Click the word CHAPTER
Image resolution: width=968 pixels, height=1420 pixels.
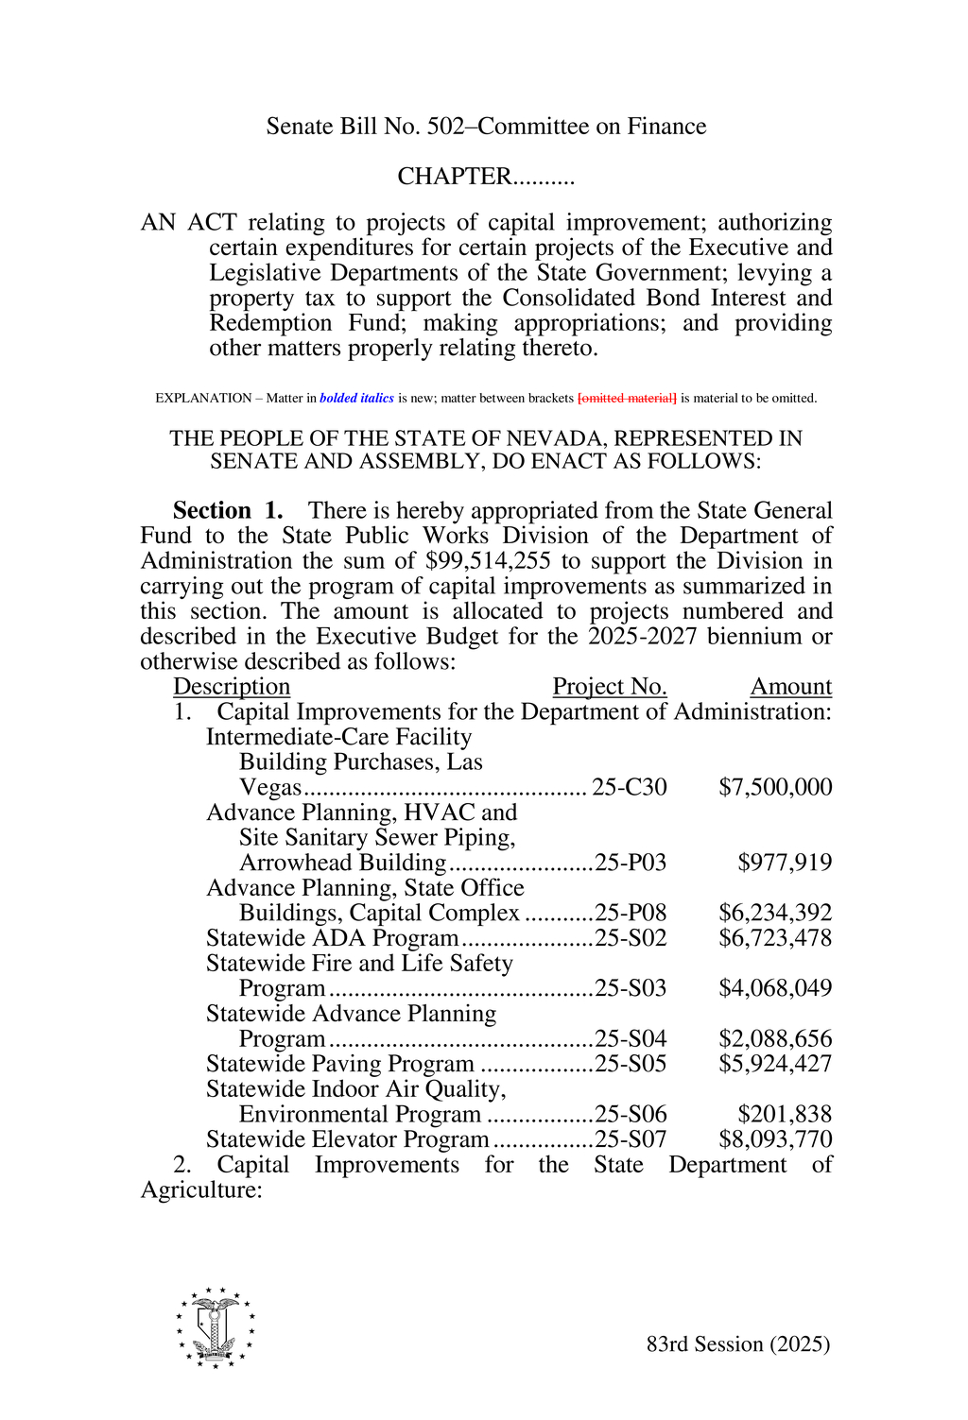[x=454, y=177]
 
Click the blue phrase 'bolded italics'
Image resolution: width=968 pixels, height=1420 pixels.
[x=356, y=399]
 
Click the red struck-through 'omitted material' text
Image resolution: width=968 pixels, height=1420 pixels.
[x=627, y=399]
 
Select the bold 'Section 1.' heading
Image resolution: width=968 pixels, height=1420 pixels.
[x=228, y=511]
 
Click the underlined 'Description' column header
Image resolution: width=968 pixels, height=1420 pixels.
[x=232, y=687]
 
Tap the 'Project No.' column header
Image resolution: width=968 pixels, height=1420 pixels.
[x=610, y=687]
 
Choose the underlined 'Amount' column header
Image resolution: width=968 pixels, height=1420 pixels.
[x=791, y=687]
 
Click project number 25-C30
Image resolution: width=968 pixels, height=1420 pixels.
[x=630, y=787]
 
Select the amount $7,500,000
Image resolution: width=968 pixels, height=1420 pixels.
[x=775, y=787]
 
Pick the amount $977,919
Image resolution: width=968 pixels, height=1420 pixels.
[x=785, y=863]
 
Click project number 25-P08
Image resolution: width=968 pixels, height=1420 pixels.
[x=631, y=913]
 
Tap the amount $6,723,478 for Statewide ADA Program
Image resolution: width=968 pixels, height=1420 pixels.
[x=775, y=938]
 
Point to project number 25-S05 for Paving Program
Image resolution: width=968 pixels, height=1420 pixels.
[x=631, y=1064]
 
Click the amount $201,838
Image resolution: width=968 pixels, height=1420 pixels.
[x=785, y=1114]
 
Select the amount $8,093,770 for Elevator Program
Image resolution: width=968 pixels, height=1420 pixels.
[x=775, y=1139]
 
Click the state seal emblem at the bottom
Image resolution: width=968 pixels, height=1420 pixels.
[x=216, y=1327]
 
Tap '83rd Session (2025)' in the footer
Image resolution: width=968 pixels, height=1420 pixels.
[x=738, y=1344]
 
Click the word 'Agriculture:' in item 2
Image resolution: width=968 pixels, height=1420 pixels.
[x=200, y=1190]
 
